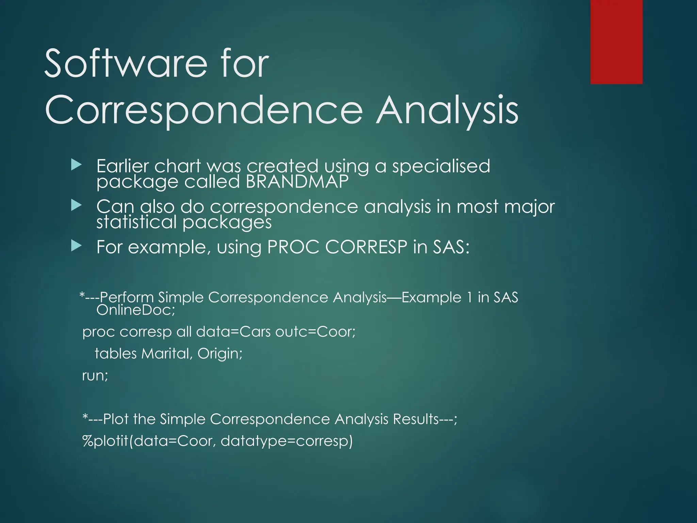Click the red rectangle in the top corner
coord(616,42)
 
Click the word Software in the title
coord(126,64)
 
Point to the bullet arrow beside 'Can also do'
coord(77,205)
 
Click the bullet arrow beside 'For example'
coord(77,245)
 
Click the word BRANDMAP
coord(297,181)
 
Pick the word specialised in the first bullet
coord(441,167)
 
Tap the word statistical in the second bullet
coord(136,222)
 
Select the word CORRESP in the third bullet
coord(366,247)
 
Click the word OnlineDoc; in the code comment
coord(135,310)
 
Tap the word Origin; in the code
coord(220,353)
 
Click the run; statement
coord(95,376)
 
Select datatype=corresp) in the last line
coord(287,441)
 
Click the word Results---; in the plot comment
coord(425,419)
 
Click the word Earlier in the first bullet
coord(123,166)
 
